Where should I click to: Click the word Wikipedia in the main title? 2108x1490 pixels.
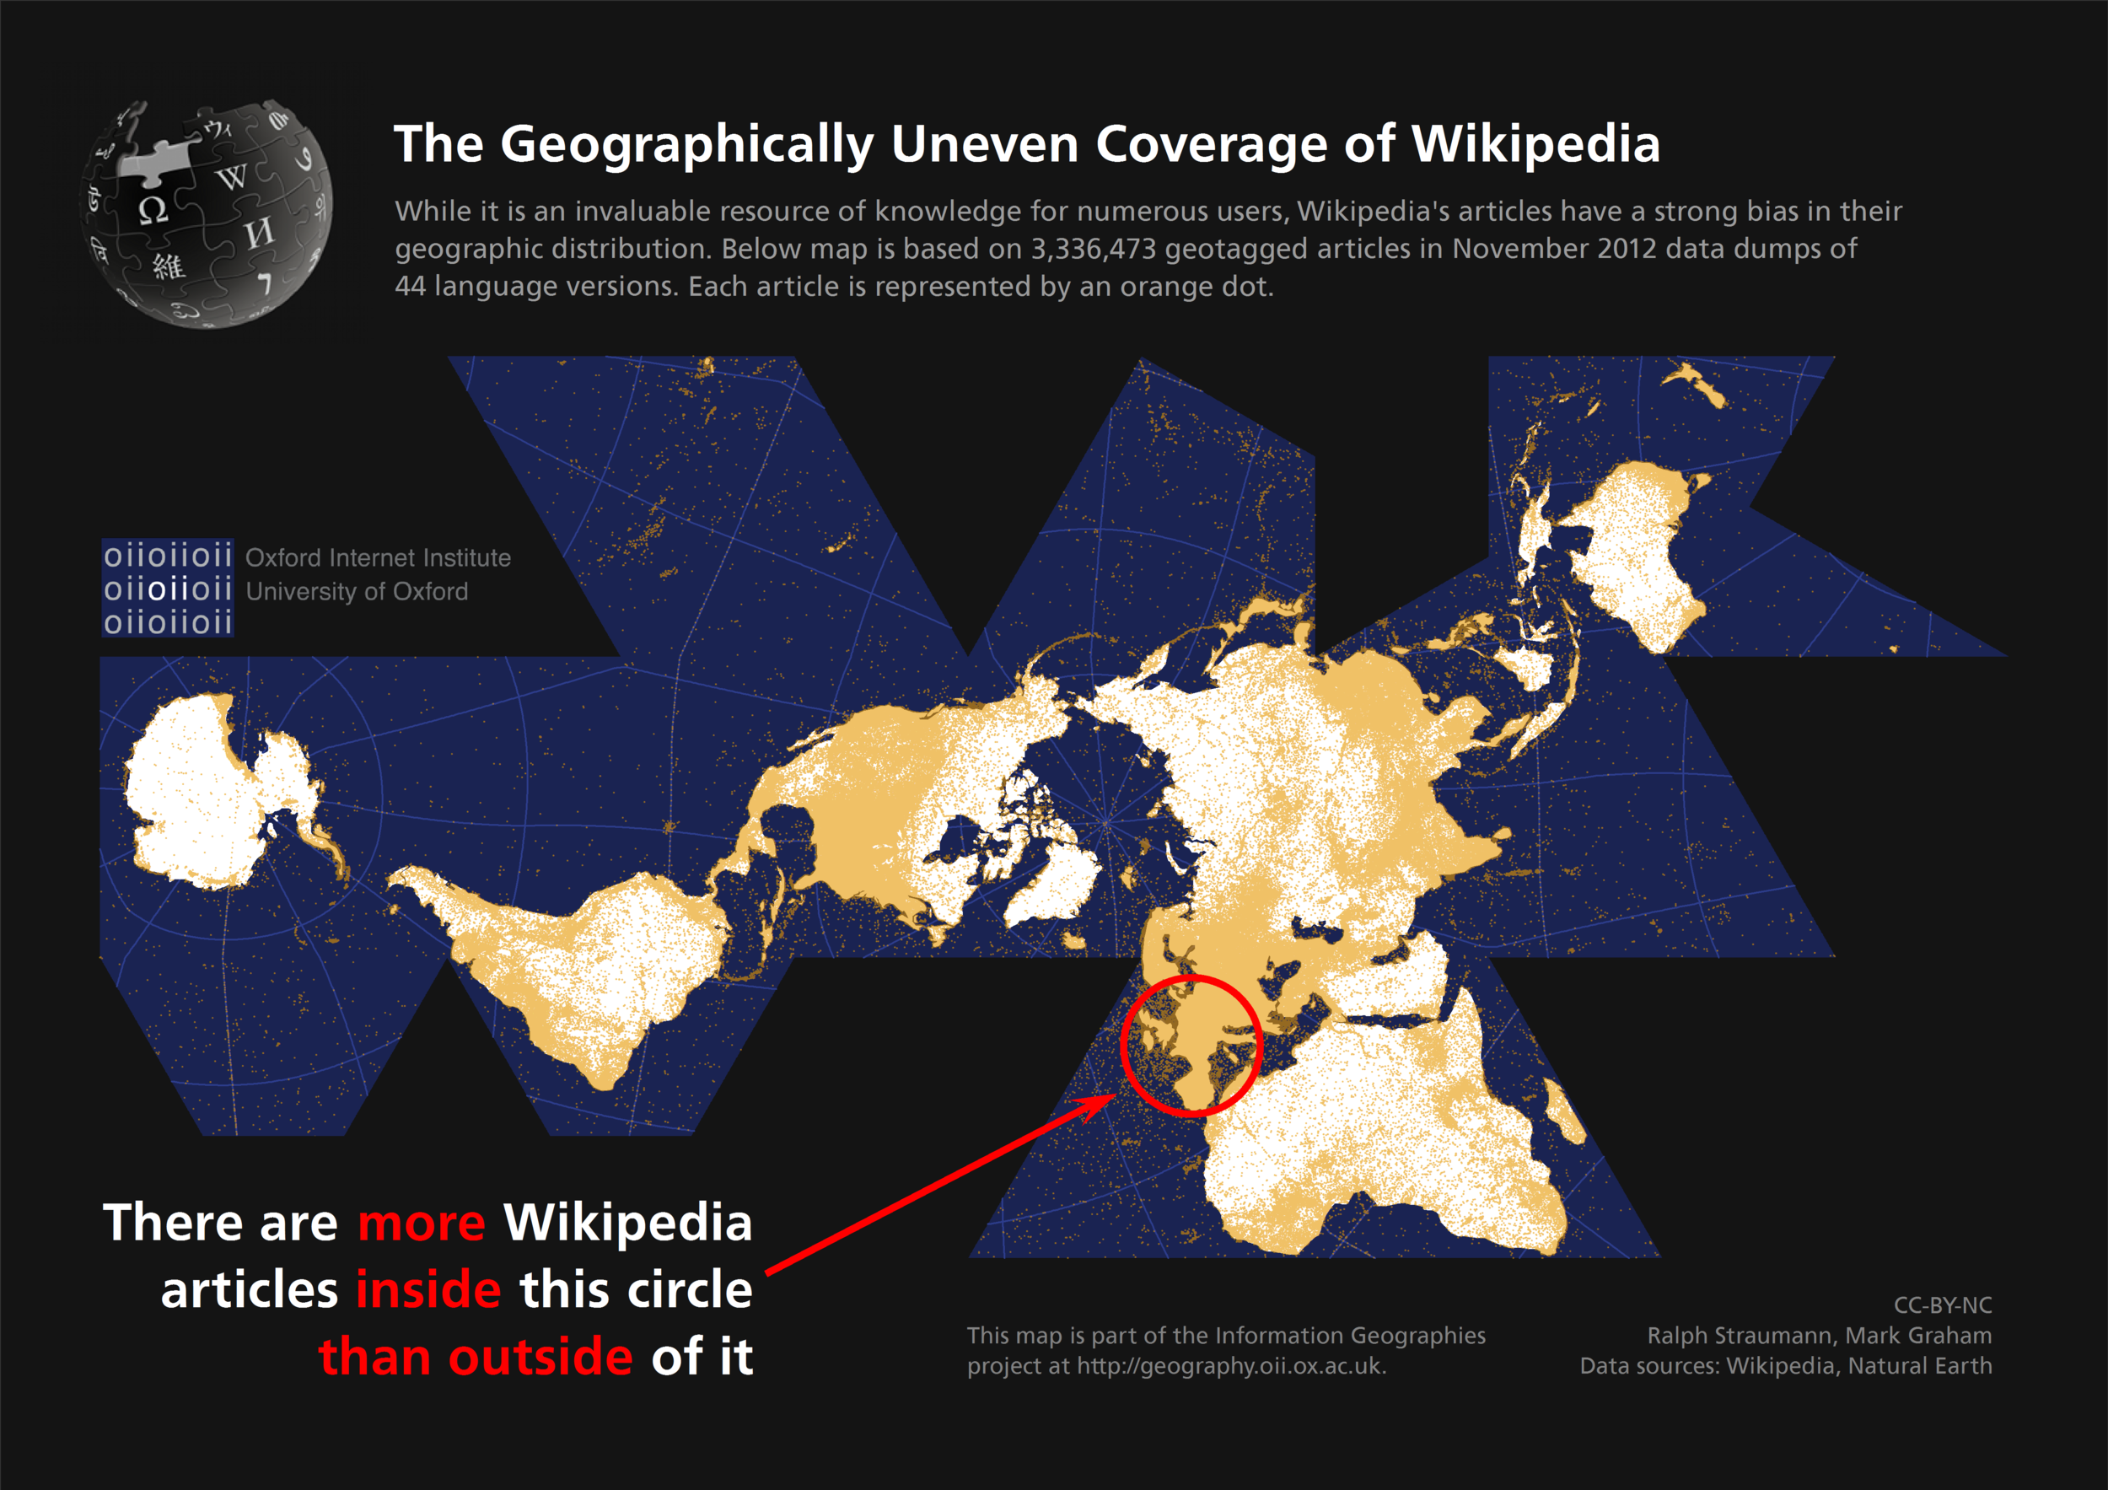tap(1535, 145)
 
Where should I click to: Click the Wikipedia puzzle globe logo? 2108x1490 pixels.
tap(207, 213)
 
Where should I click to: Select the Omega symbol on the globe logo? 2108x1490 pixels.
tap(153, 210)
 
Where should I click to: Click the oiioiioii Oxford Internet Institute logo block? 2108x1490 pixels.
tap(167, 589)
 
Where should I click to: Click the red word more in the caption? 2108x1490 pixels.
tap(421, 1223)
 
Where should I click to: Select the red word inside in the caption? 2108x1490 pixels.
tap(428, 1290)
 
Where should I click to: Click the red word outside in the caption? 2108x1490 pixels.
tap(540, 1357)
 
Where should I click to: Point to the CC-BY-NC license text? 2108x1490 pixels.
tap(1942, 1304)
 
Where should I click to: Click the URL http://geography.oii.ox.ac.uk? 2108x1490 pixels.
tap(1230, 1366)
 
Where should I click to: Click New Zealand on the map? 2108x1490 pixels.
tap(1697, 385)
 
